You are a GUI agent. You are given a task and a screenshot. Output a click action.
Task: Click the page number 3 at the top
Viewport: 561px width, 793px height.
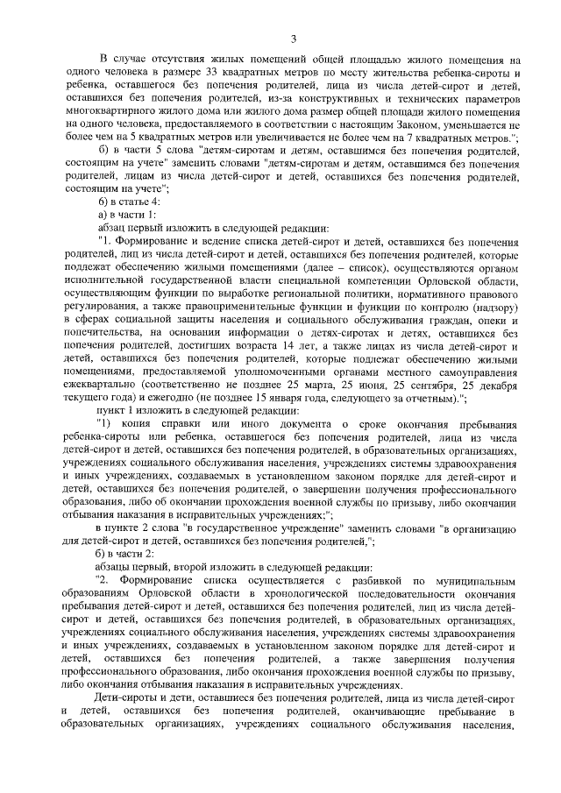(295, 37)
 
